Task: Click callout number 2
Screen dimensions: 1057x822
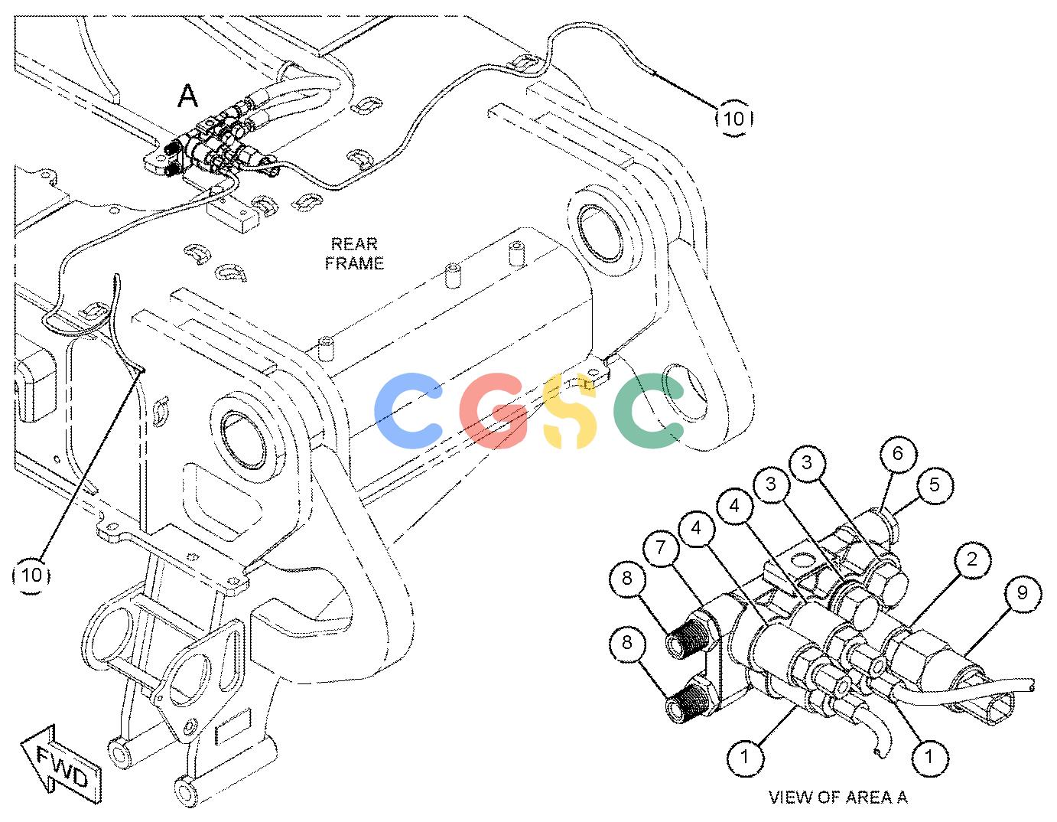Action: (x=971, y=559)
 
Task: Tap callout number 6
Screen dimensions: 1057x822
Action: (x=897, y=454)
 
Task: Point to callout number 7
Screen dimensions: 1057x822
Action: (x=660, y=547)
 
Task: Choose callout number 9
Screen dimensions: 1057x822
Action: (x=1022, y=592)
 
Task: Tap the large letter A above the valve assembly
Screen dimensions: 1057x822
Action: (x=187, y=96)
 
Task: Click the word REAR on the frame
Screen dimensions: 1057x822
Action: (x=354, y=244)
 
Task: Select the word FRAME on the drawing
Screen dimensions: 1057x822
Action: (x=354, y=263)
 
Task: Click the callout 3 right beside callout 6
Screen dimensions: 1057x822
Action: (x=807, y=462)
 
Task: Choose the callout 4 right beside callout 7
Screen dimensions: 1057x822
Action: (x=696, y=527)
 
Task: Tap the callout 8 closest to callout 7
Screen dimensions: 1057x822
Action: (x=627, y=578)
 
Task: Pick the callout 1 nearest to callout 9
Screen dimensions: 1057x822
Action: (x=929, y=757)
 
